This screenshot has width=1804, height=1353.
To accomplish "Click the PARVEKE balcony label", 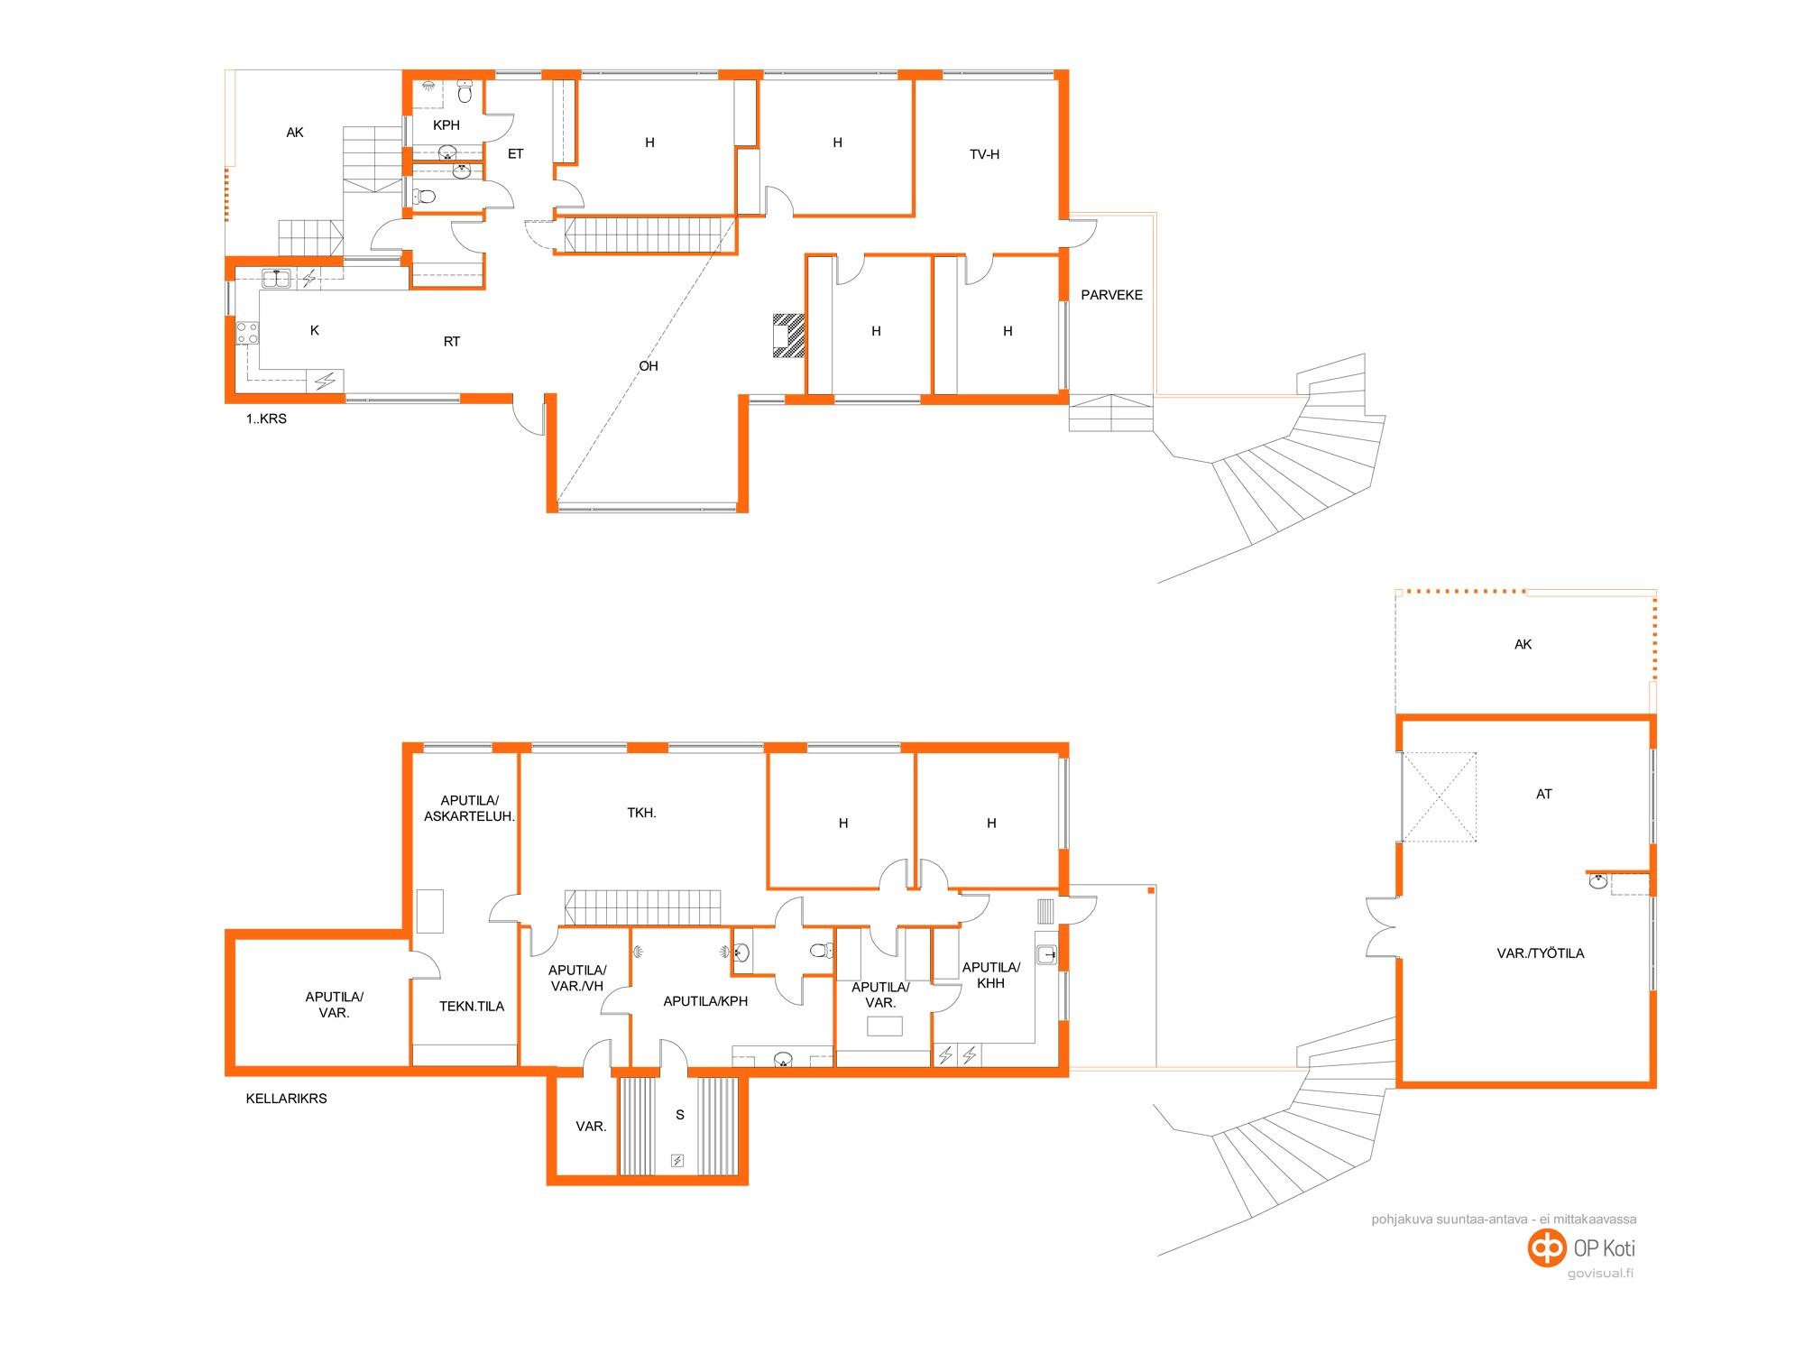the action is (x=1111, y=295).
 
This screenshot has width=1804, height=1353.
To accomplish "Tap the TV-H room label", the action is (x=984, y=154).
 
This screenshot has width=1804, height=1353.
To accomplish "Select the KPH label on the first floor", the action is (x=446, y=125).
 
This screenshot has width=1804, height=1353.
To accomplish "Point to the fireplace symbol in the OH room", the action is (x=788, y=336).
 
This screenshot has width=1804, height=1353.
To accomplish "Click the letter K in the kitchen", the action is (x=315, y=330).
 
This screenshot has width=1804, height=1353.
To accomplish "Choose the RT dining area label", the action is (x=452, y=342).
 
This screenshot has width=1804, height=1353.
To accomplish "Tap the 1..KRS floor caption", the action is (x=266, y=419).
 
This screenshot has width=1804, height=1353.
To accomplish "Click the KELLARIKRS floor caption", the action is (x=286, y=1099).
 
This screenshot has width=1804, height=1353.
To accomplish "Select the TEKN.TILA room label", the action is (x=472, y=1007).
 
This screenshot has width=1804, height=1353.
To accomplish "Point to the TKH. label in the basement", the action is (x=641, y=813).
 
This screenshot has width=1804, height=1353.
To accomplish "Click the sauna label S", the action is (x=680, y=1115).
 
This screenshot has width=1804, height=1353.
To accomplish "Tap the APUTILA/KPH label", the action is (x=705, y=1001).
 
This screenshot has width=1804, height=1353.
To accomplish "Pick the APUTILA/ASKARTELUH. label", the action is (x=469, y=808).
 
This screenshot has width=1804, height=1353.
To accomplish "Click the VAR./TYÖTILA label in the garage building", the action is (x=1540, y=953).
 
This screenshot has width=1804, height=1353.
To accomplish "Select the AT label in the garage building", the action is (x=1544, y=795).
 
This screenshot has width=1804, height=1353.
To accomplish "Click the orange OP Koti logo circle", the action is (x=1547, y=1248).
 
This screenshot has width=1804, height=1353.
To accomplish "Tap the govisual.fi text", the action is (x=1600, y=1274).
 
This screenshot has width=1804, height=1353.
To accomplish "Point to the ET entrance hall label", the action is (x=515, y=154).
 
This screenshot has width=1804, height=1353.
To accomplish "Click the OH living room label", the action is (x=649, y=366).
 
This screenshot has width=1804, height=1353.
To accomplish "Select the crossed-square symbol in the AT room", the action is (x=1439, y=797).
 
